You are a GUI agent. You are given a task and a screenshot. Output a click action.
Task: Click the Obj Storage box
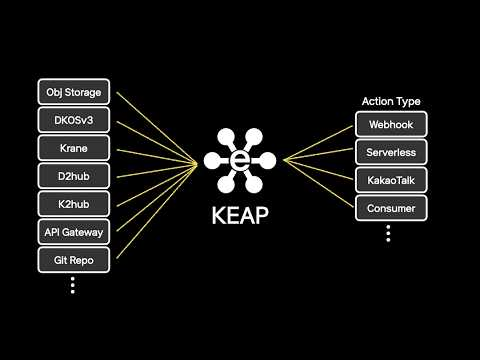tap(74, 92)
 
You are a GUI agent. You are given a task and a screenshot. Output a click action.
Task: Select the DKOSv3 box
tap(74, 120)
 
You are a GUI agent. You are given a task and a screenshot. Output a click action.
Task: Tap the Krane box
tap(74, 148)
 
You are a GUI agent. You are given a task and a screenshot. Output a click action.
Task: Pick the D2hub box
tap(74, 176)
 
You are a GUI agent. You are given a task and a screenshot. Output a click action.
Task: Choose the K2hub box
tap(74, 204)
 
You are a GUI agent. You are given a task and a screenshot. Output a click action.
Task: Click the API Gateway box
tap(74, 232)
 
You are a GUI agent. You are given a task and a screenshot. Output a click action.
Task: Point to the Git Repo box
tap(74, 260)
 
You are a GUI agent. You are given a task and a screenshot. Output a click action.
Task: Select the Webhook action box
tap(391, 124)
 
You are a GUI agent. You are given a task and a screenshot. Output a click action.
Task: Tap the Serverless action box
tap(391, 152)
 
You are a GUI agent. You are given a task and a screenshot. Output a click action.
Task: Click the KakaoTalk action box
tap(391, 180)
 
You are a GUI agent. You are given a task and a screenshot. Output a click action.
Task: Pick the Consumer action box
tap(391, 208)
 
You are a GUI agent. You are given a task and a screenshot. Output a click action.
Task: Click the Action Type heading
tap(391, 101)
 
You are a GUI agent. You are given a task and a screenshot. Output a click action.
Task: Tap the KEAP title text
tap(240, 215)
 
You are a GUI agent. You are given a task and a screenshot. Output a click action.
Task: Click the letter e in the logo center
tap(240, 161)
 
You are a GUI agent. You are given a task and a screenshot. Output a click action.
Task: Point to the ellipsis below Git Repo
tap(73, 285)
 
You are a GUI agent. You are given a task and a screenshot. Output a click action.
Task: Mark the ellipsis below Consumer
tap(388, 233)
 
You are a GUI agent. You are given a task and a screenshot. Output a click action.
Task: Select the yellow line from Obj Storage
tap(157, 128)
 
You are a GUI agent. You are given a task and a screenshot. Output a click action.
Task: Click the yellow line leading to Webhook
tap(318, 143)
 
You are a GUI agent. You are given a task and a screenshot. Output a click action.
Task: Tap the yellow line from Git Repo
tap(157, 211)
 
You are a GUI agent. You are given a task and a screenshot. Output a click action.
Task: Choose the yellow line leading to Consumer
tap(318, 183)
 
